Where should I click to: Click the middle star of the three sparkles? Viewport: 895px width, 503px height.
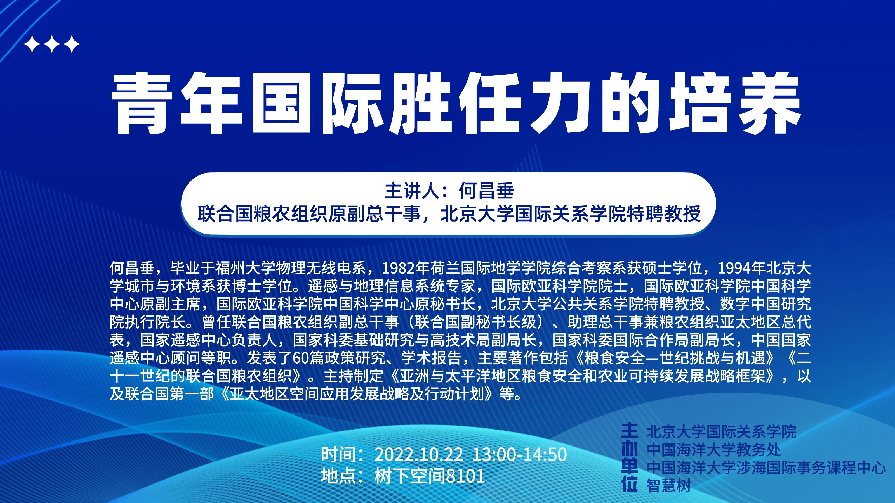[52, 44]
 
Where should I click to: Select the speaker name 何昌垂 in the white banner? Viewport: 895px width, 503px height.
[486, 191]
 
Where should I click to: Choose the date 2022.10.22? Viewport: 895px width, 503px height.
[418, 455]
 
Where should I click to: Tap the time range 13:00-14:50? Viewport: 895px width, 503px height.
[519, 455]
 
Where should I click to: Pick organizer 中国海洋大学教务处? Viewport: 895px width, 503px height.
[714, 450]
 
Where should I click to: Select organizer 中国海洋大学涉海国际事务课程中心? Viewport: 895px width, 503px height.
[766, 468]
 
